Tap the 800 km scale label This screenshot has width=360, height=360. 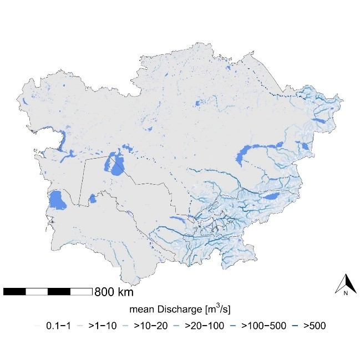coord(114,291)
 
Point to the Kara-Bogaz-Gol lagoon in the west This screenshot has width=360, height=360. coord(56,200)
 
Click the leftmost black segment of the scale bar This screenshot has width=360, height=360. coord(14,291)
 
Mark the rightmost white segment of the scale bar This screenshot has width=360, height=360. coord(81,291)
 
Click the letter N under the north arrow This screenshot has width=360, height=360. coord(345,292)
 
